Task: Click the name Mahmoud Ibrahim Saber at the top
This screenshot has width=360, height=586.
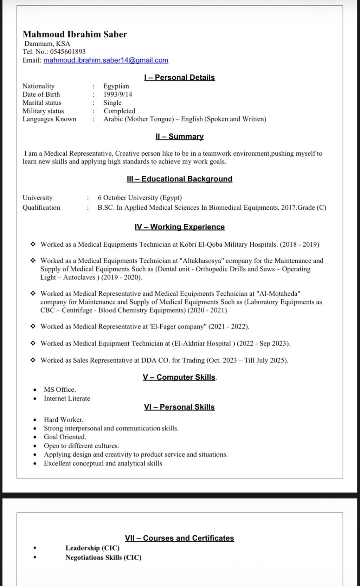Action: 75,34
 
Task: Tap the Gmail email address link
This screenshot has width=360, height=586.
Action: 106,60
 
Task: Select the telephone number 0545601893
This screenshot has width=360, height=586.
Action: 67,52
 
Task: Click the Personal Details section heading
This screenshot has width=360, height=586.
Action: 179,77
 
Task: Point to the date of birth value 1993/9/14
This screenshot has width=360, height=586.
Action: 118,94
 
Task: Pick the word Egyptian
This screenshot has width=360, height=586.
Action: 116,86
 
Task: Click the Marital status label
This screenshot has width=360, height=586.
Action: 42,103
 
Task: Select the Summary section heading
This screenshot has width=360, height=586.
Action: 179,136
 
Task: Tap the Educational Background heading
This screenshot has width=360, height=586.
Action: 179,179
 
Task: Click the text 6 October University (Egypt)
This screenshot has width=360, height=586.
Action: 140,197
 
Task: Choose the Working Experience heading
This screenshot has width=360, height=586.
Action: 179,227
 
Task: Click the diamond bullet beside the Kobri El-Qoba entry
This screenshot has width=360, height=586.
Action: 33,244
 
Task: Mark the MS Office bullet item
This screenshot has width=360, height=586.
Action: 60,389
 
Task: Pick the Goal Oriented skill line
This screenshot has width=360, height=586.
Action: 65,437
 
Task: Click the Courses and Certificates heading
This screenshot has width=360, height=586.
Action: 179,538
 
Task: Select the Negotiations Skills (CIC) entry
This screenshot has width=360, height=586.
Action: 103,557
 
